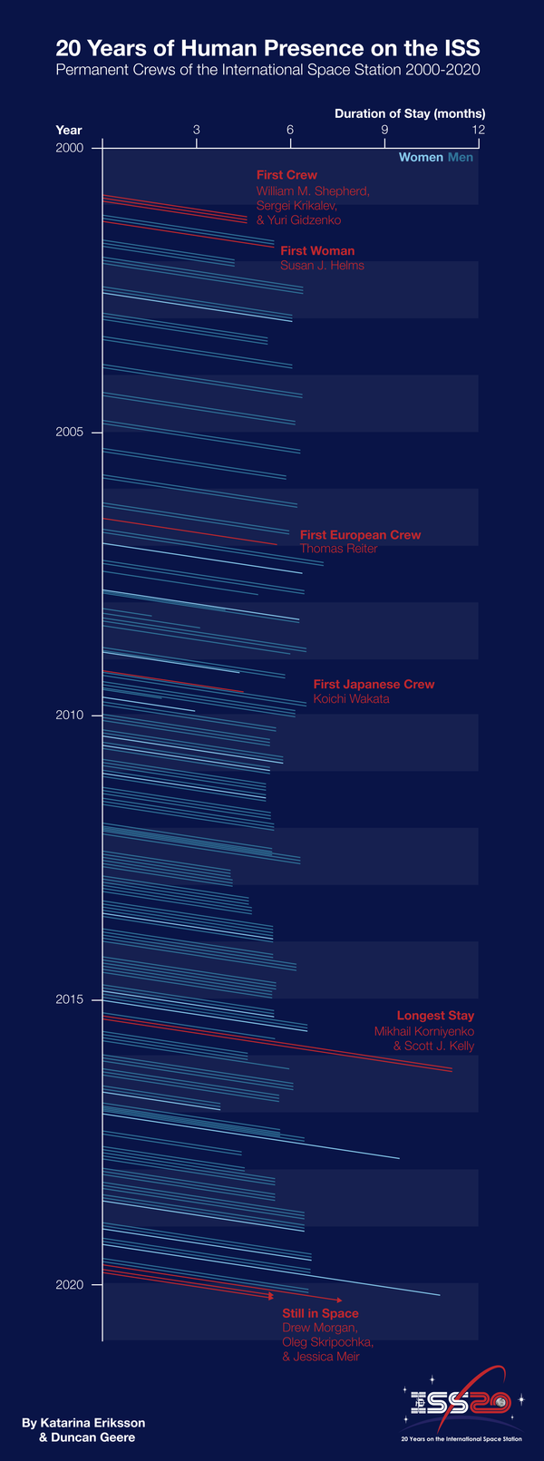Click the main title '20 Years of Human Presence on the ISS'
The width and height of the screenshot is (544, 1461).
click(268, 48)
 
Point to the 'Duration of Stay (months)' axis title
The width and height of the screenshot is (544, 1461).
click(410, 113)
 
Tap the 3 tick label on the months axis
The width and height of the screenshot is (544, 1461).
click(197, 131)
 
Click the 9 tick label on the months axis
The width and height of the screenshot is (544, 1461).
click(384, 131)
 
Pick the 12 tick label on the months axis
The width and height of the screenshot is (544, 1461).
click(478, 131)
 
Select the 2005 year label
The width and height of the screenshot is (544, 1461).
click(69, 432)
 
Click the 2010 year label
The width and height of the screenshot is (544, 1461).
click(69, 716)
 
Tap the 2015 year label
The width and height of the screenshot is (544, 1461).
click(69, 999)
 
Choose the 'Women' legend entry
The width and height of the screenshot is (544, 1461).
click(421, 158)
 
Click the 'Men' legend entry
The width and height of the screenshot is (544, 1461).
click(461, 158)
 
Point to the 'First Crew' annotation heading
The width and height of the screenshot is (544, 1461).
click(287, 175)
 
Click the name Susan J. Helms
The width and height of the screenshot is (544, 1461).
click(322, 266)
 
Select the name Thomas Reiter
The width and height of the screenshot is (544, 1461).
click(338, 549)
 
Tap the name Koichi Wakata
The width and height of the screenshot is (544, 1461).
click(351, 699)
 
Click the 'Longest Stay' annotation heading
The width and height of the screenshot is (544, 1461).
click(435, 1016)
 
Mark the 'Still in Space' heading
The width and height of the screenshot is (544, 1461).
click(320, 1313)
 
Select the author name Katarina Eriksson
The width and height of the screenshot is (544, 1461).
click(83, 1423)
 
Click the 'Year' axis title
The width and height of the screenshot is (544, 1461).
click(69, 131)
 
